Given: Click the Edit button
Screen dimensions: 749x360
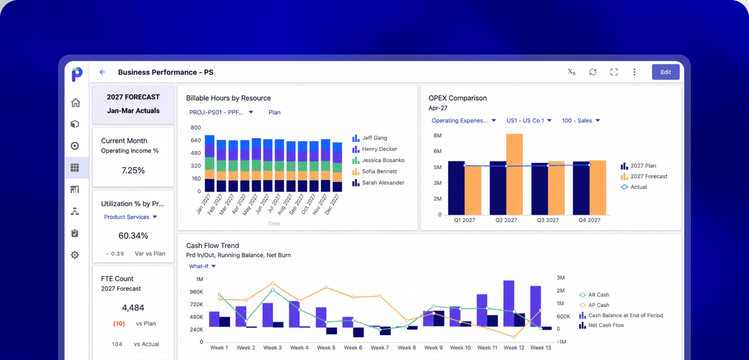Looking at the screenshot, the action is (x=666, y=72).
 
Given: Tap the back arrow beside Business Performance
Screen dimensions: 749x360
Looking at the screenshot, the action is (x=102, y=72).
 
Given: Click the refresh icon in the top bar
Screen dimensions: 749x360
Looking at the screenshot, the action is (x=593, y=72).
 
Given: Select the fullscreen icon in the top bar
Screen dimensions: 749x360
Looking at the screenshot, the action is (x=614, y=72).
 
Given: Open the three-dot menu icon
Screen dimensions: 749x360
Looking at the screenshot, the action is (x=634, y=72).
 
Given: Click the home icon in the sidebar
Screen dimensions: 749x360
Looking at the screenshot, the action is (x=75, y=103).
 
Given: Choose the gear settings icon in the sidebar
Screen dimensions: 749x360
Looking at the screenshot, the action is (x=75, y=255).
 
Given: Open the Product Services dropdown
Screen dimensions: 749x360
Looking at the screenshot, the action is (x=130, y=217).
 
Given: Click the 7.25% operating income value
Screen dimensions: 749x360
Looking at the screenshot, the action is (x=133, y=170).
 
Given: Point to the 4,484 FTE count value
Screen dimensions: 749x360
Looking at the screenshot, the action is (x=133, y=308).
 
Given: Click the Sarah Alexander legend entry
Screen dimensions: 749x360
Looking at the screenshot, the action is (x=378, y=183).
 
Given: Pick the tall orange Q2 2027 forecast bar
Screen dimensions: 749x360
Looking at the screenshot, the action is (x=515, y=174).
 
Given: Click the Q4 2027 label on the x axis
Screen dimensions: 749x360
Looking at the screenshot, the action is (x=589, y=220).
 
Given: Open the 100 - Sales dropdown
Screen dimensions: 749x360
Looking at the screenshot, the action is (x=581, y=121).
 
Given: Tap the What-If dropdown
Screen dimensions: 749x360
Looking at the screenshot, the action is (x=202, y=266).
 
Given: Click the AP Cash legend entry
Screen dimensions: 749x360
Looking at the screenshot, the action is (x=594, y=305).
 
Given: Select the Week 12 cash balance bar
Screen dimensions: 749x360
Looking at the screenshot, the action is (x=509, y=303).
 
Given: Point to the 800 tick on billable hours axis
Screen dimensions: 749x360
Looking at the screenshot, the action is (x=196, y=128).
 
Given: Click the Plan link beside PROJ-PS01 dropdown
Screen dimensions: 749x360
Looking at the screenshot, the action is (x=274, y=112).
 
